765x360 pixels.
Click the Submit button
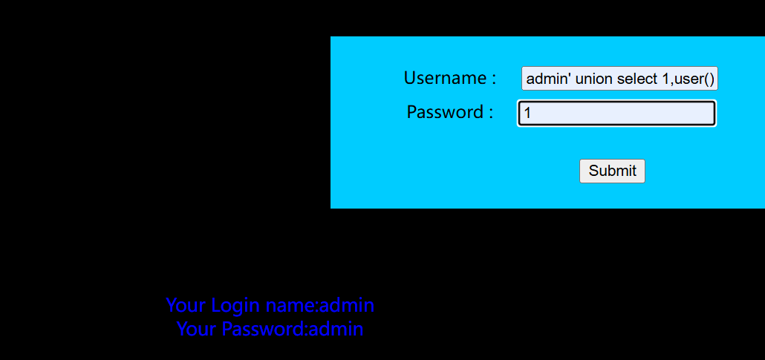pos(612,171)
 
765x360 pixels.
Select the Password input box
pos(616,113)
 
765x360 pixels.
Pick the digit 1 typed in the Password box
pos(527,114)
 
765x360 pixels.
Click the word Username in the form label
pos(444,78)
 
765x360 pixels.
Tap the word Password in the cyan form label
pos(445,112)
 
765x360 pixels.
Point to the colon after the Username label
pos(494,79)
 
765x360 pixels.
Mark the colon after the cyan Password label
pos(490,113)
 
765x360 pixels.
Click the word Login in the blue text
pos(236,305)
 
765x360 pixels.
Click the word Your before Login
pos(186,305)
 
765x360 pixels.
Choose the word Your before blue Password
pos(198,329)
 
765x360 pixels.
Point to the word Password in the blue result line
pos(263,329)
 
